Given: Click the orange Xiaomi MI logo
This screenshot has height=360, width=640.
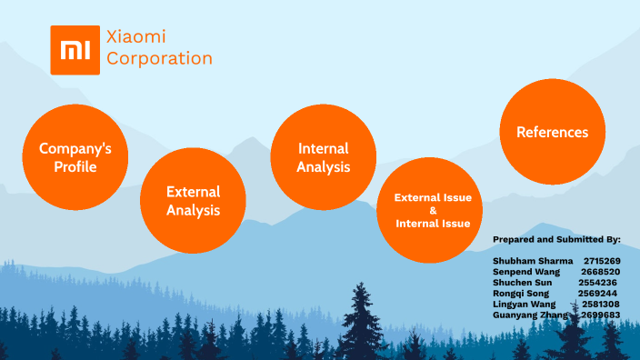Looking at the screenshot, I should click(75, 50).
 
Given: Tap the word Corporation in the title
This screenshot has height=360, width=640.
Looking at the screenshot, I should click(159, 59).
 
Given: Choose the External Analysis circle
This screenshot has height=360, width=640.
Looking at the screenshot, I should click(193, 200).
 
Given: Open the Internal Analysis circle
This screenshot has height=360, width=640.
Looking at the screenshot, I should click(324, 156).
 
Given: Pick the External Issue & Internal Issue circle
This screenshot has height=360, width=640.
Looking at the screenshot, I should click(432, 210).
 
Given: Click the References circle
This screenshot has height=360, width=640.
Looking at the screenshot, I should click(552, 132).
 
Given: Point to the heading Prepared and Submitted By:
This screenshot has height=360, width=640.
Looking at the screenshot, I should click(556, 239).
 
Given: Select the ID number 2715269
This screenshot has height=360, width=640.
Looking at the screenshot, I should click(603, 261).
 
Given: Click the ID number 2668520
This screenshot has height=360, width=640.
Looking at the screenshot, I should click(601, 272).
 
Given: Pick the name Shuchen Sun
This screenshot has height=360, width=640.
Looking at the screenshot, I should click(522, 283).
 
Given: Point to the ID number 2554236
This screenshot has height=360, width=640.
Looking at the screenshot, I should click(597, 283).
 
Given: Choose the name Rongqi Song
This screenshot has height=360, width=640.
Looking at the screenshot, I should click(523, 294).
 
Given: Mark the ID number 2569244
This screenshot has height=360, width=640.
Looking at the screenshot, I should click(597, 294).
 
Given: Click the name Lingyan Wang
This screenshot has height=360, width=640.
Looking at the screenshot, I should click(524, 305).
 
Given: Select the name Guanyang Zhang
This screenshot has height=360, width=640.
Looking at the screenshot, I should click(530, 315).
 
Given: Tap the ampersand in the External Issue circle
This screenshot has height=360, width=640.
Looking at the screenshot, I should click(433, 210).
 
